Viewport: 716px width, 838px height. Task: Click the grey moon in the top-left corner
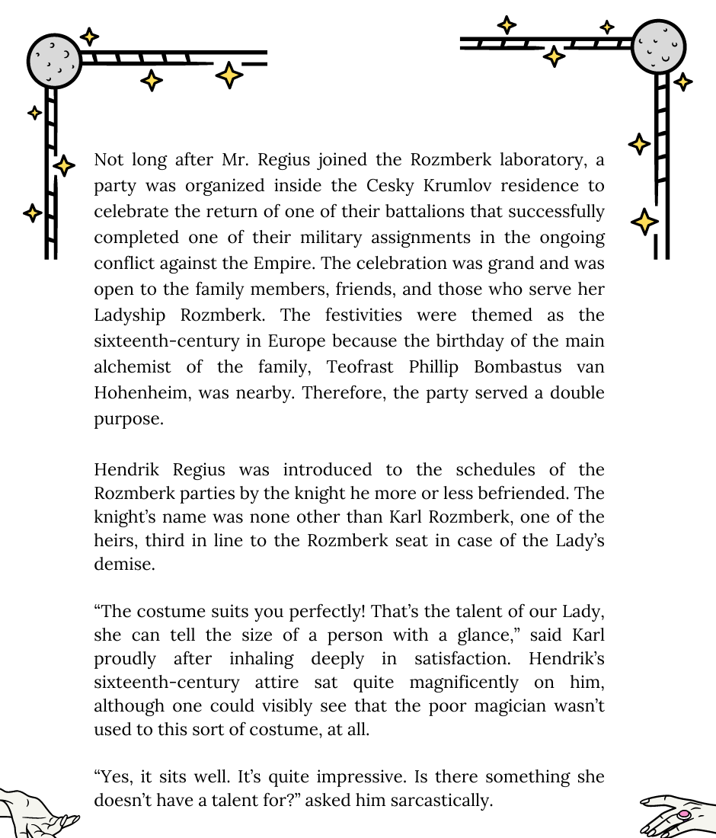pos(53,60)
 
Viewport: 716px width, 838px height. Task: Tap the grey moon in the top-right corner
pos(659,46)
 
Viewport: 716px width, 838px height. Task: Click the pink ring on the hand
pos(684,814)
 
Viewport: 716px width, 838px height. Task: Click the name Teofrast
pos(361,366)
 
